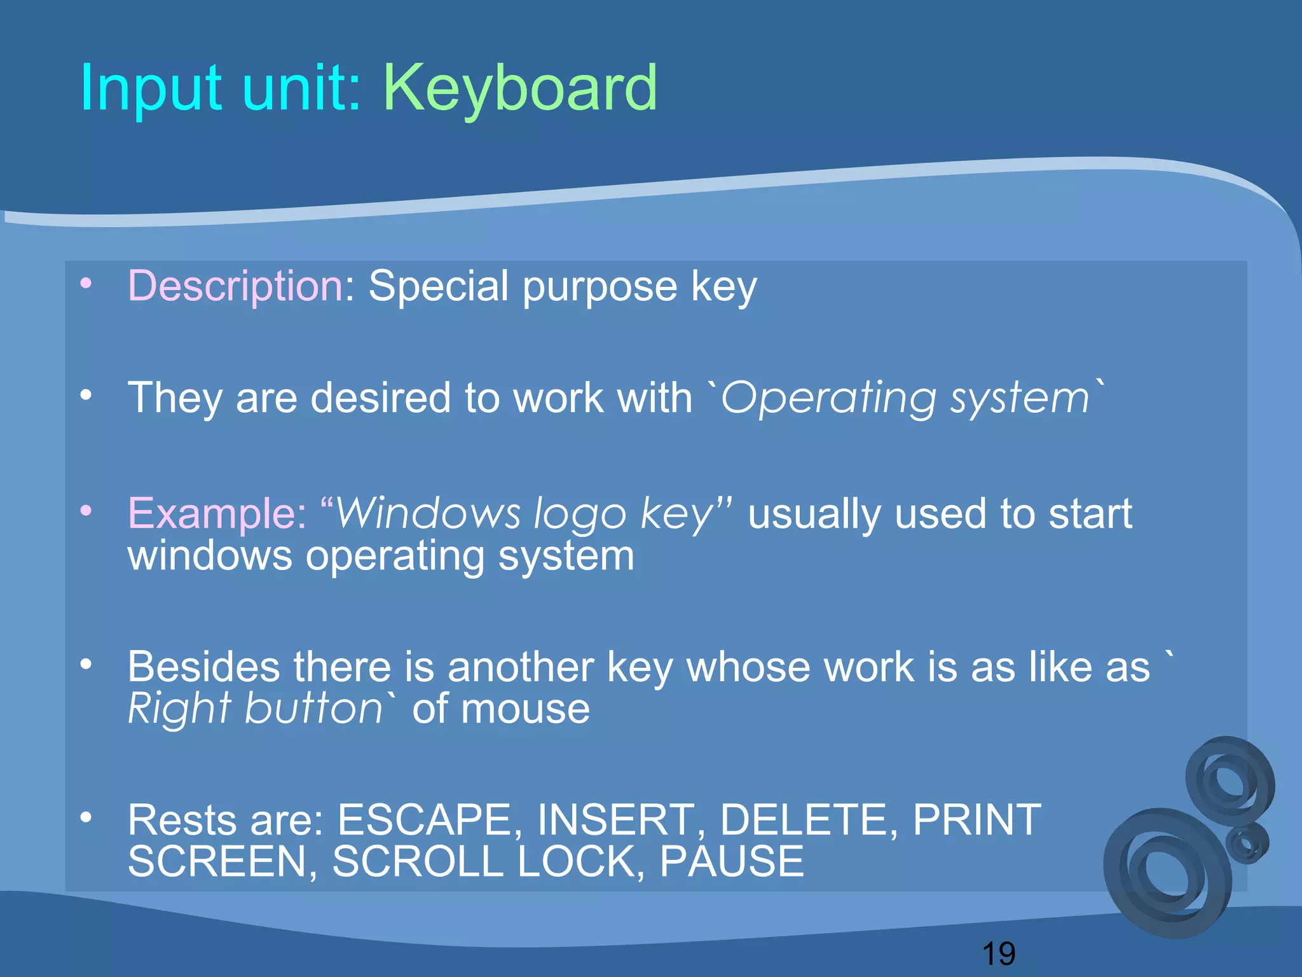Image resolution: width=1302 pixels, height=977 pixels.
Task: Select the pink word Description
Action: coord(236,286)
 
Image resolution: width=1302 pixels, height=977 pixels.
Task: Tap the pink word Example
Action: coord(217,513)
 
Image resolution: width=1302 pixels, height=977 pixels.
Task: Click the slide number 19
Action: coord(998,953)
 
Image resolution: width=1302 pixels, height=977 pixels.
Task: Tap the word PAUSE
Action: coord(731,861)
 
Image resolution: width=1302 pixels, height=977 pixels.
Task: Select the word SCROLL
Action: coord(417,861)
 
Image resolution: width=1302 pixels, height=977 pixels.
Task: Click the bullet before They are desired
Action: coord(86,395)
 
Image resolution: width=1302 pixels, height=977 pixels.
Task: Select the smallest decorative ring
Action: coord(1247,843)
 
